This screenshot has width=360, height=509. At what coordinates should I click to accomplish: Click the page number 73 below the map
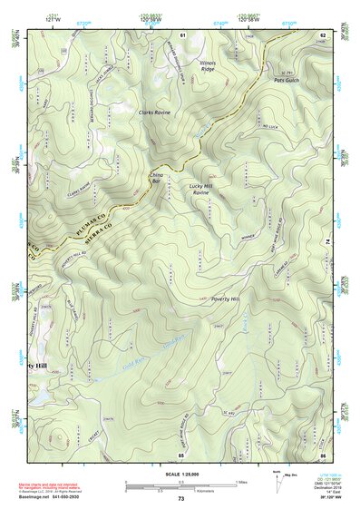180,499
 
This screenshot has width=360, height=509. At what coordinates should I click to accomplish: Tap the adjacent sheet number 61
182,34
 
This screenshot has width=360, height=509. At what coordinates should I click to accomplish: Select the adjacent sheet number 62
322,34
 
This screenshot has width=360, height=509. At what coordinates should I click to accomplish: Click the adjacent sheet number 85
181,453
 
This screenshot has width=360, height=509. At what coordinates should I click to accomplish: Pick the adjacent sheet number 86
322,453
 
